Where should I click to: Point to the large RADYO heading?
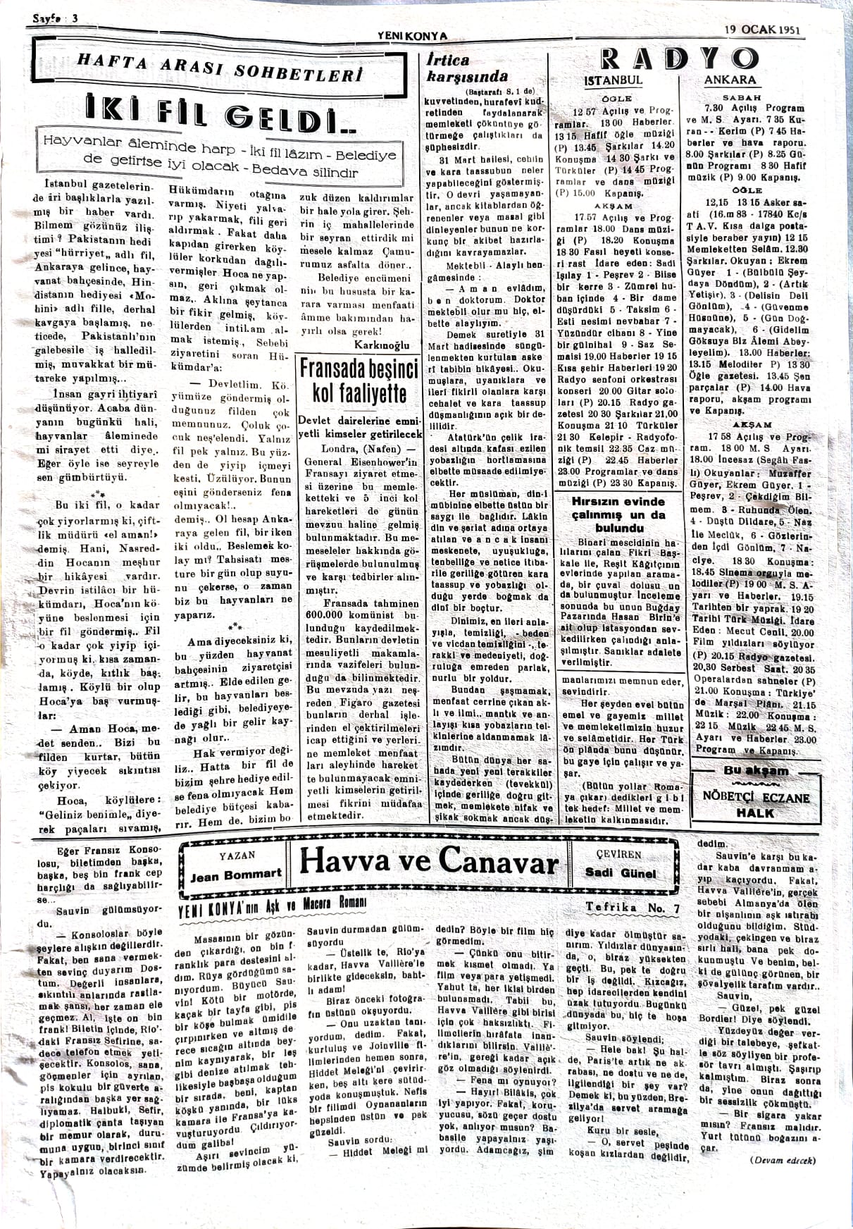click(x=679, y=61)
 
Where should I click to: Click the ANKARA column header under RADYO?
click(x=730, y=80)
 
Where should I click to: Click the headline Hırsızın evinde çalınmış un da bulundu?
click(x=619, y=514)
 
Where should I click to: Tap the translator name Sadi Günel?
click(x=620, y=872)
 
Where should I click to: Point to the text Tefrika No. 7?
click(x=632, y=908)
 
